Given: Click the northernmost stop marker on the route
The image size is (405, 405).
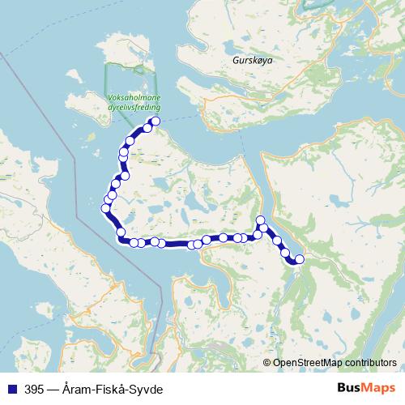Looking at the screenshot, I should coord(156,122).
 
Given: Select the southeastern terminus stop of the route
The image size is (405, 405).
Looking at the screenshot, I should coord(299,259).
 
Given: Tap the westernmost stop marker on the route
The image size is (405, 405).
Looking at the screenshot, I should coord(105,209).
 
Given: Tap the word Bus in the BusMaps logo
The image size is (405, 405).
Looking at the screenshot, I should coord(350,389).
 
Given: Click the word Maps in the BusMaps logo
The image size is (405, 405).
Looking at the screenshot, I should coord(379,389).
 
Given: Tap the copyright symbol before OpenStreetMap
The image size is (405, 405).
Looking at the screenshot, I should coord(267,363).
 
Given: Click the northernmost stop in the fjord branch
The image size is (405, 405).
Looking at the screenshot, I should coord(260,220).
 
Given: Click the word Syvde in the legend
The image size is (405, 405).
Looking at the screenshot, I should coord(147,390).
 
